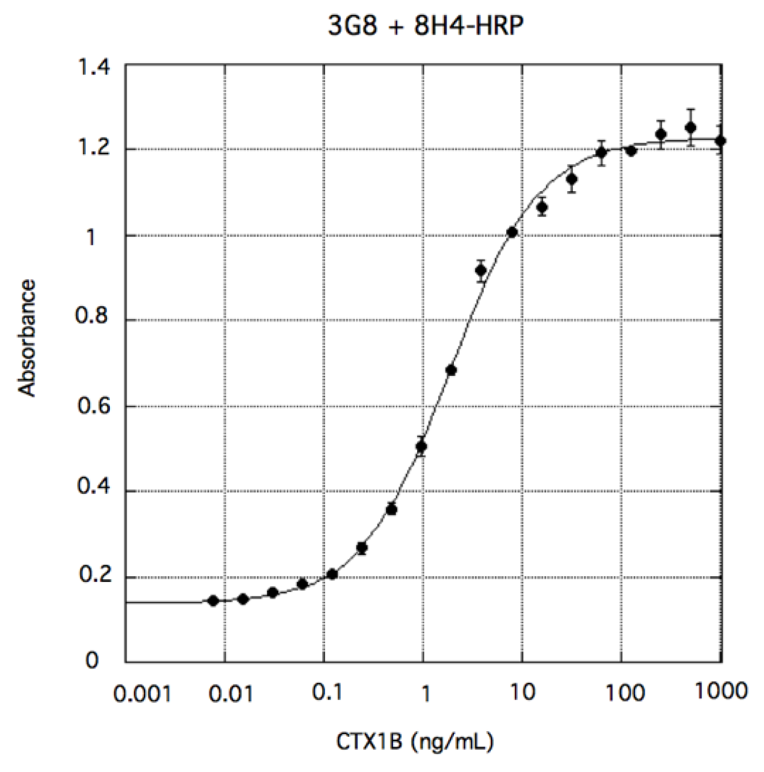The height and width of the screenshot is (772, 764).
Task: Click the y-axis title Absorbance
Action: pos(27,338)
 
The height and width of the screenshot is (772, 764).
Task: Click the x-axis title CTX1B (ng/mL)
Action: pos(415,741)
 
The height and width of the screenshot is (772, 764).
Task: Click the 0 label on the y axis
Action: pos(92,660)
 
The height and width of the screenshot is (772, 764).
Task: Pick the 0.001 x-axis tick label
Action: pos(142,694)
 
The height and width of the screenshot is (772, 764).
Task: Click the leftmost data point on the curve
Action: pos(213,600)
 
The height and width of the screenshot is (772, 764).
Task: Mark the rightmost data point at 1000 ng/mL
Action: pos(720,140)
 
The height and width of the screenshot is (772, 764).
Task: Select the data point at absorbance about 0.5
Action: pos(421,446)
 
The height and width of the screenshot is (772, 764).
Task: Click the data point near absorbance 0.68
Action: pos(451,370)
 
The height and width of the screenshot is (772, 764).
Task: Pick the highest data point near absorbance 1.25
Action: pos(691,127)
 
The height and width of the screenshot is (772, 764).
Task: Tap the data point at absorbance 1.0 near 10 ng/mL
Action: pos(512,232)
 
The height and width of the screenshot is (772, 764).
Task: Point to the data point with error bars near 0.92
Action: pos(482,271)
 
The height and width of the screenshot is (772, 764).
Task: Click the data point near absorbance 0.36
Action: pos(392,509)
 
